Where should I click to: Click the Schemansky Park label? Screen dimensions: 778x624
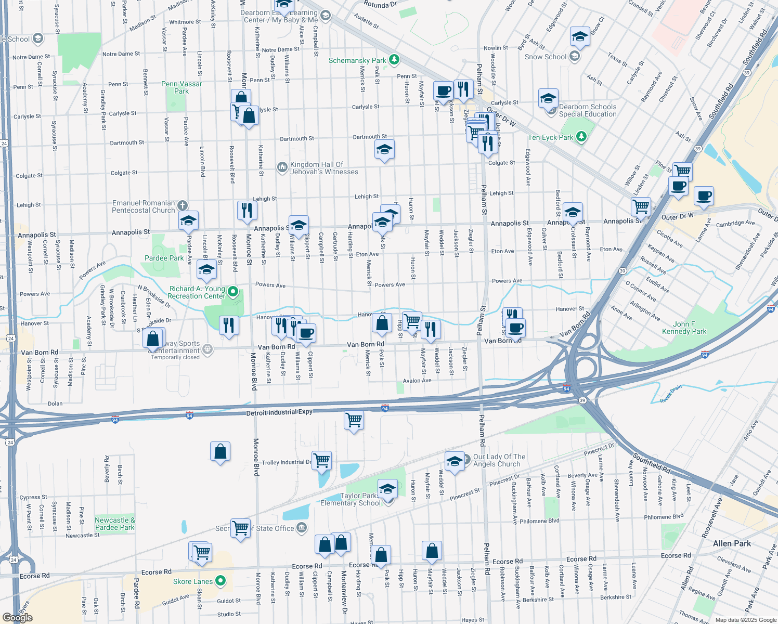coord(357,60)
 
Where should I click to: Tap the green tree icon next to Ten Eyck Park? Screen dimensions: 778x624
coord(581,137)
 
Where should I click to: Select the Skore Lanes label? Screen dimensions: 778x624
coord(193,581)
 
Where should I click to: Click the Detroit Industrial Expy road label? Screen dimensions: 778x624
coord(279,412)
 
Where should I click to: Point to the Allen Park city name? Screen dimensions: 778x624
coord(732,543)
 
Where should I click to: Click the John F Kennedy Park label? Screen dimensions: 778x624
coord(684,328)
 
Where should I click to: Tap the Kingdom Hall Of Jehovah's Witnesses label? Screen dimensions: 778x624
coord(323,168)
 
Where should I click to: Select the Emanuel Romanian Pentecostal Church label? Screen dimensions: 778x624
coord(144,206)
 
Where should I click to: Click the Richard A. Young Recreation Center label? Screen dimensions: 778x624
coord(197,292)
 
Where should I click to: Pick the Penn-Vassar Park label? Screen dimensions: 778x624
coord(181,87)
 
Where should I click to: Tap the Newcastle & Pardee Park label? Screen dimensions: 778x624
coord(115,524)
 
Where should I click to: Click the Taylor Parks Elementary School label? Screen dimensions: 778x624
coord(351,499)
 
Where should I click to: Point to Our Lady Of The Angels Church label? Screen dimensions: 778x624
coord(499,460)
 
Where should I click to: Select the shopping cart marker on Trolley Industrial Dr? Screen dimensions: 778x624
coord(322,460)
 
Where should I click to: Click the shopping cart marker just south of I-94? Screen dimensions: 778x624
coord(354,419)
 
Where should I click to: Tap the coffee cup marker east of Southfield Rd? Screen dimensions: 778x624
coord(703,196)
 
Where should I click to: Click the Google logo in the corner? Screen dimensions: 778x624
coord(17,618)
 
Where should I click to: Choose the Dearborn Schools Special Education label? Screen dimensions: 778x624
coord(588,110)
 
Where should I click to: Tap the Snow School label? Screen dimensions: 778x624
coord(545,57)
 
